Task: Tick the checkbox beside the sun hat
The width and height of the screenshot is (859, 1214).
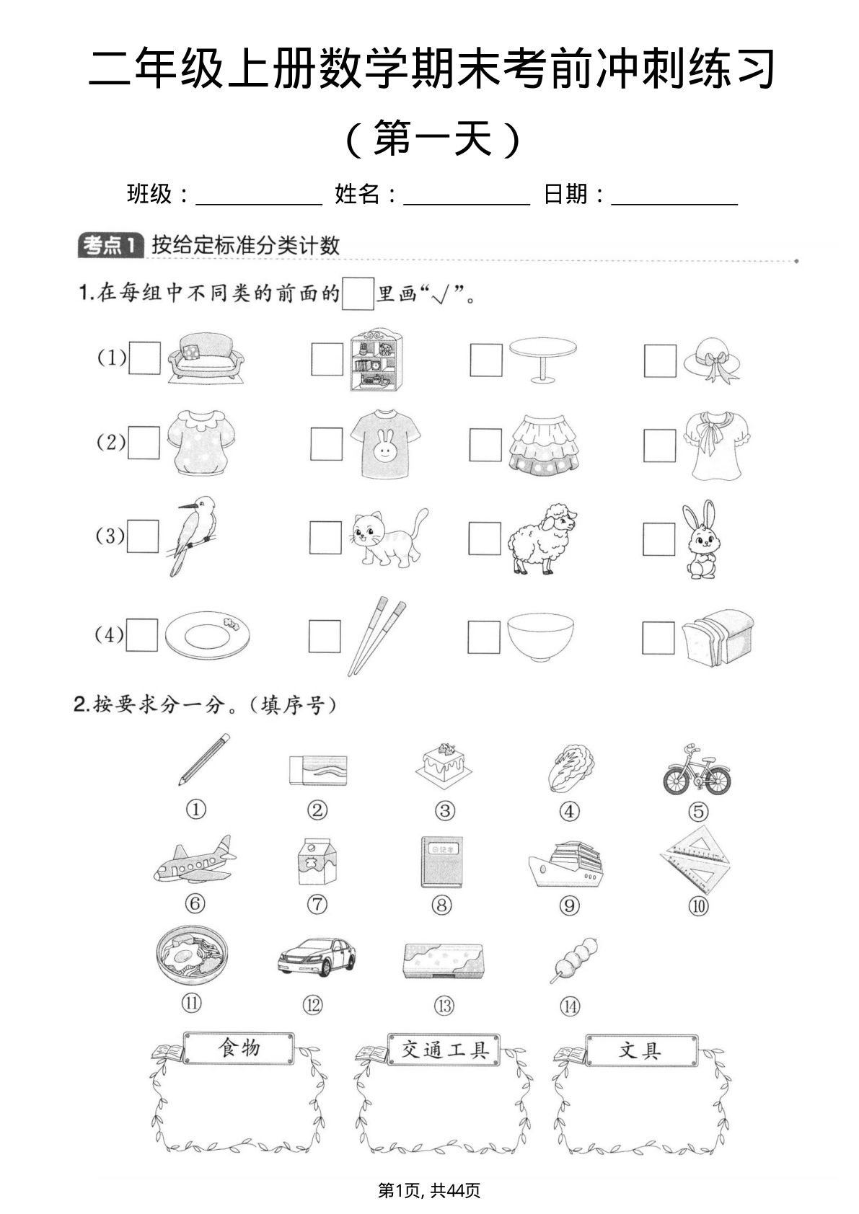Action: [x=660, y=361]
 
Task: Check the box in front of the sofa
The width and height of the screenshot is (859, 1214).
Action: [x=145, y=358]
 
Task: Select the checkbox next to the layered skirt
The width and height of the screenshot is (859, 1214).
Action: [x=485, y=445]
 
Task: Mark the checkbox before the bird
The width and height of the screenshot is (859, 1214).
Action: [x=143, y=536]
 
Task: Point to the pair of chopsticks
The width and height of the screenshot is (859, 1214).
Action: [x=376, y=634]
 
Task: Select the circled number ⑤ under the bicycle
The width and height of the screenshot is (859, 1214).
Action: [x=697, y=812]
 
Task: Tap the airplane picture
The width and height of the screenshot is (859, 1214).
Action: [x=194, y=860]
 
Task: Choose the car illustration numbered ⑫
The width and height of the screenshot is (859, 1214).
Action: [x=317, y=957]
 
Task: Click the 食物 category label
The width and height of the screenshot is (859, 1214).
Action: [x=239, y=1047]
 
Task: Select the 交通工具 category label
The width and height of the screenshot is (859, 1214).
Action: [x=444, y=1050]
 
